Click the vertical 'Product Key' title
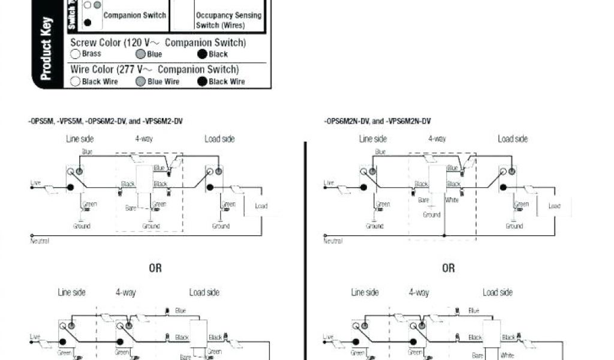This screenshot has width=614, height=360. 47,49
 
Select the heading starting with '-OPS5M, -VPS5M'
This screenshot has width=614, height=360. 105,121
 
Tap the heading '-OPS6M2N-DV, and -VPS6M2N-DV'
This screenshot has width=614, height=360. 378,121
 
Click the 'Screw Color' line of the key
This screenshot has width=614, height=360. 158,43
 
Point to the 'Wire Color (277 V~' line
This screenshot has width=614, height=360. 155,70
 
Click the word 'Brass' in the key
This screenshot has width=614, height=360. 92,54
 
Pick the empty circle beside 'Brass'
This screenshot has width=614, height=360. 76,54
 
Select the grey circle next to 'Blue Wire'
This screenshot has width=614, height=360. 140,82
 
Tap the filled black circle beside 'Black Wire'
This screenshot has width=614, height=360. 202,82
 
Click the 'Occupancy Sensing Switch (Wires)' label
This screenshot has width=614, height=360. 228,20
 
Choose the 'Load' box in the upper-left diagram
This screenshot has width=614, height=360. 261,206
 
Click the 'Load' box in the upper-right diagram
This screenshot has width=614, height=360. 555,206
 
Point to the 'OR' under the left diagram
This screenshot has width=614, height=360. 155,268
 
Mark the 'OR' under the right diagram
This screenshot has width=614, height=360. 449,268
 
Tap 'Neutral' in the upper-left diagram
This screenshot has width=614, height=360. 40,241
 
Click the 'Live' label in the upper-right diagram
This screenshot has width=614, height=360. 329,182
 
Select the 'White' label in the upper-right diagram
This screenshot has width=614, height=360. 452,200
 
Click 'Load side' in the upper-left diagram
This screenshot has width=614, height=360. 219,139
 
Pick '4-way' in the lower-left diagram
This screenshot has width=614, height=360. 126,293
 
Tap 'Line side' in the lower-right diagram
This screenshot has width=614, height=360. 365,293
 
